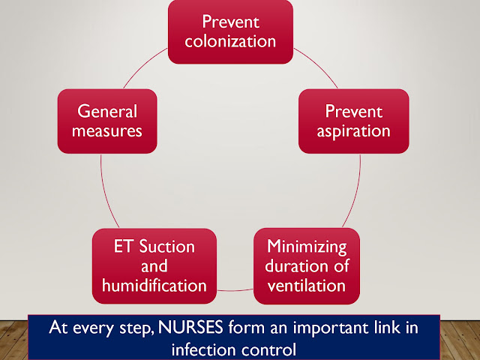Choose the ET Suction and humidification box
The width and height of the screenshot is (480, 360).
154,265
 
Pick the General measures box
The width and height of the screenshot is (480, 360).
107,121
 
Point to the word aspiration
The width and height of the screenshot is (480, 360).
354,131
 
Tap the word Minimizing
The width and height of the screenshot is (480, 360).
306,247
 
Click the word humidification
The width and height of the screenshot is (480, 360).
154,285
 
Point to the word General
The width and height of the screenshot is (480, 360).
108,111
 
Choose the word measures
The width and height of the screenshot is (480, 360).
108,131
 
